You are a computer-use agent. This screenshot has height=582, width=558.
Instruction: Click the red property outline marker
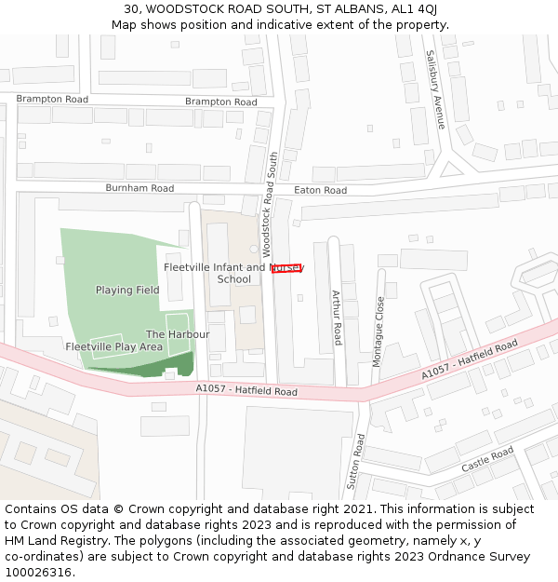[286, 269]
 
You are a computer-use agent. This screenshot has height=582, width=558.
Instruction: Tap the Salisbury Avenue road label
[435, 89]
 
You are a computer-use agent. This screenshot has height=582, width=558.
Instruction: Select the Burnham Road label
[139, 188]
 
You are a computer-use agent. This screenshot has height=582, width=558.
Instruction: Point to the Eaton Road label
[320, 190]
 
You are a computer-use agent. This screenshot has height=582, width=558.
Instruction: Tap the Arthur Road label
[338, 318]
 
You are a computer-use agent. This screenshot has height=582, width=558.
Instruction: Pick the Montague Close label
[379, 331]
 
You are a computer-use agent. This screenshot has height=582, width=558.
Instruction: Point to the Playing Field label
[127, 291]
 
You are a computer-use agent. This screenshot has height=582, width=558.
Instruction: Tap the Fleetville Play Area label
[114, 346]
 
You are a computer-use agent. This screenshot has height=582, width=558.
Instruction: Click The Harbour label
[178, 334]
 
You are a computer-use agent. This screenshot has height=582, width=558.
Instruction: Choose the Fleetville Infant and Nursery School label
[233, 273]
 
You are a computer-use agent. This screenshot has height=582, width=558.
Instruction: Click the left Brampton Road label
[52, 99]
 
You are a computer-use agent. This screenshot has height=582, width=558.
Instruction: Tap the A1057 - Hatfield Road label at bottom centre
[246, 391]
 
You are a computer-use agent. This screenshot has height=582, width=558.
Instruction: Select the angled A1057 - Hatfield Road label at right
[470, 360]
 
